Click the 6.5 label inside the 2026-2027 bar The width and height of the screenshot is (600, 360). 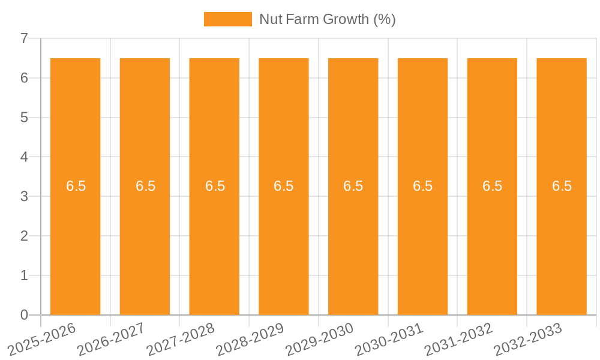(x=145, y=186)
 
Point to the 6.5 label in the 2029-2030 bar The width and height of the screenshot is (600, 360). (x=353, y=186)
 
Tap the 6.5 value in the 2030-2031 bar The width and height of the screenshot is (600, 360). (x=423, y=186)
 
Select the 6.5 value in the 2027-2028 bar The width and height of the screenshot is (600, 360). (x=215, y=186)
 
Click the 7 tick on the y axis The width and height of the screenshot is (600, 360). (x=24, y=39)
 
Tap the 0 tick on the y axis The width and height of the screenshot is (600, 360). (x=24, y=315)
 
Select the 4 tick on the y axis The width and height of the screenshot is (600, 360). (x=24, y=157)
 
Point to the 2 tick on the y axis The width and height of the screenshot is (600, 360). (x=24, y=236)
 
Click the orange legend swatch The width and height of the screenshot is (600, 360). (x=228, y=19)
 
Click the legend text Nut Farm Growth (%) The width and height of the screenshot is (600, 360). (x=327, y=19)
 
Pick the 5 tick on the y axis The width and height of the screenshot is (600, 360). (x=24, y=118)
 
